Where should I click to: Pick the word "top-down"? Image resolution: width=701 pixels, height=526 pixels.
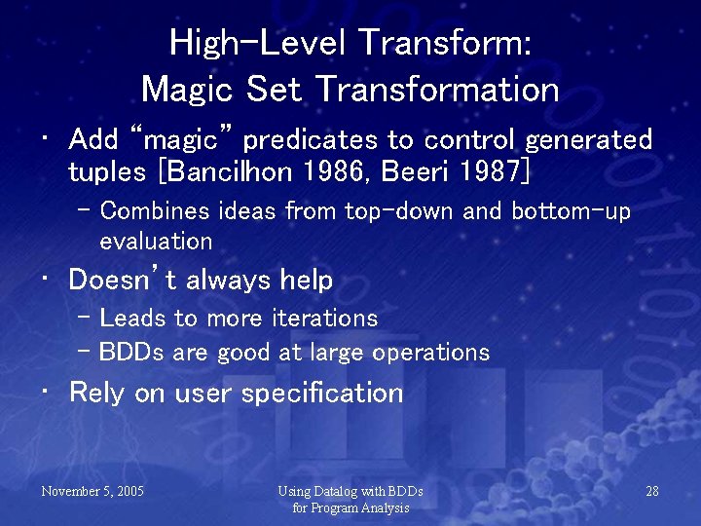394,210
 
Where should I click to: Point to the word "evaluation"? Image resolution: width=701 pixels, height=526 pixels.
156,241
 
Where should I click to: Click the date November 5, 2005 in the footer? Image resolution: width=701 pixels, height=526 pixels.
92,491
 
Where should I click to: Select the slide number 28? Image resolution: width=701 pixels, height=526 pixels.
652,491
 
